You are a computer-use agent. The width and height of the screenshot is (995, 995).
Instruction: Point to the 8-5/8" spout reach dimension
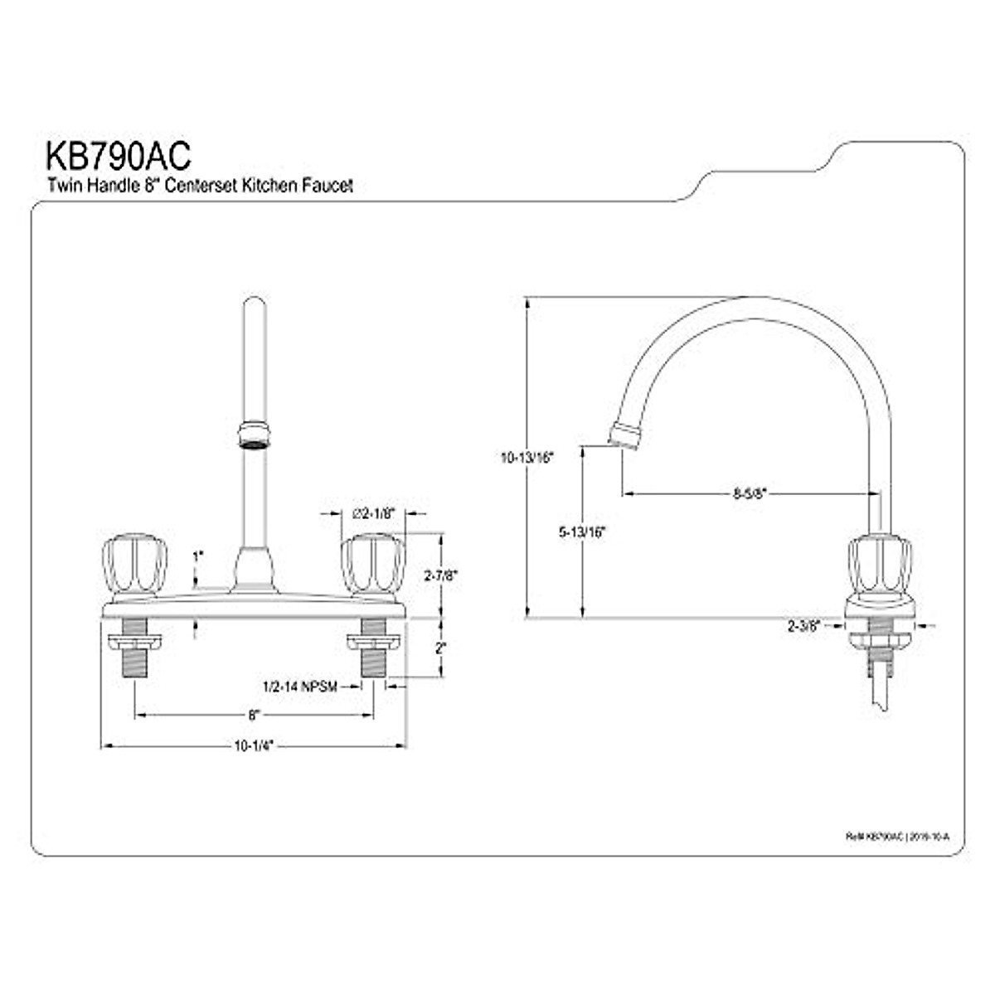(750, 493)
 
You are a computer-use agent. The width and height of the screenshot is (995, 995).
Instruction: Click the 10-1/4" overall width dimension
(253, 745)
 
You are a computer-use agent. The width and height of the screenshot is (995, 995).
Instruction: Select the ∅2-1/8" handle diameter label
(372, 514)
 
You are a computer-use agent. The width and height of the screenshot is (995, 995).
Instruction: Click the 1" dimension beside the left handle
(197, 556)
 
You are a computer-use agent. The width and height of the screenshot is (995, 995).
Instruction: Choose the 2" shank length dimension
(440, 647)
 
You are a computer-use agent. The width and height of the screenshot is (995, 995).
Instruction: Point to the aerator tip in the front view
(253, 436)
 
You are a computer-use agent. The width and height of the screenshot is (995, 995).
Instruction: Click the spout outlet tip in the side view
(624, 436)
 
